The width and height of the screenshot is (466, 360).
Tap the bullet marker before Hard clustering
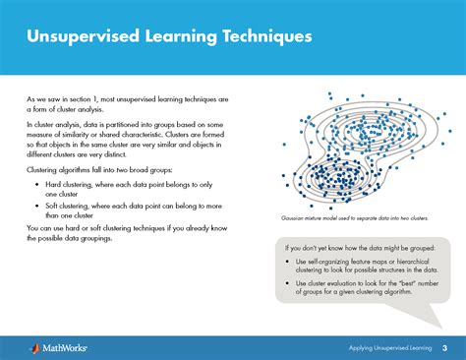[32, 186]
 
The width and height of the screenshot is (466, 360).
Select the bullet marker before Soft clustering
[32, 208]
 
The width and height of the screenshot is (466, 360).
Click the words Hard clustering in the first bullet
[65, 186]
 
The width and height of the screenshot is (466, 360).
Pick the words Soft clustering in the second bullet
[64, 208]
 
